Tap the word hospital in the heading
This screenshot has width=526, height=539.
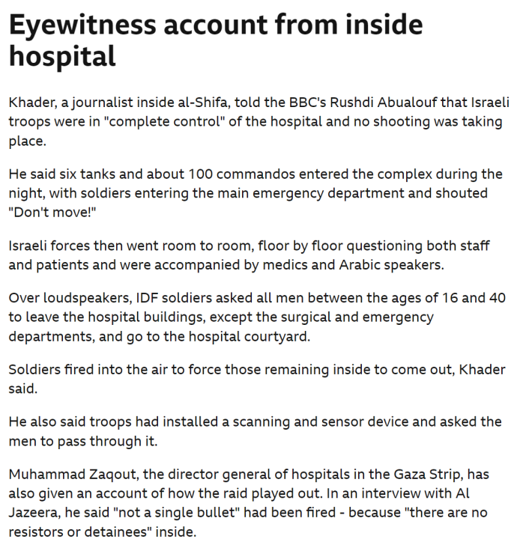click(x=62, y=57)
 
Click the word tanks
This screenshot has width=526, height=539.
click(x=100, y=174)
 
